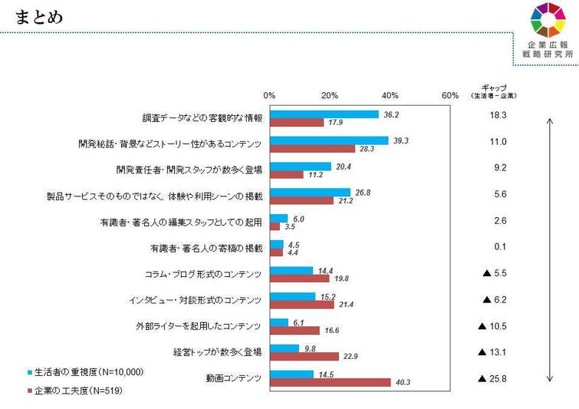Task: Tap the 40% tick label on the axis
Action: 390,95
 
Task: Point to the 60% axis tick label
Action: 450,95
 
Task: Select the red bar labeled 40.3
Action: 330,382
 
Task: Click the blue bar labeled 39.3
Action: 329,140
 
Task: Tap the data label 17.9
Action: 336,123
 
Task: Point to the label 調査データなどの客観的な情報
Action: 202,118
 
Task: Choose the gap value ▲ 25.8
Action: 493,379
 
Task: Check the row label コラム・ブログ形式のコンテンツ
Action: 203,274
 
